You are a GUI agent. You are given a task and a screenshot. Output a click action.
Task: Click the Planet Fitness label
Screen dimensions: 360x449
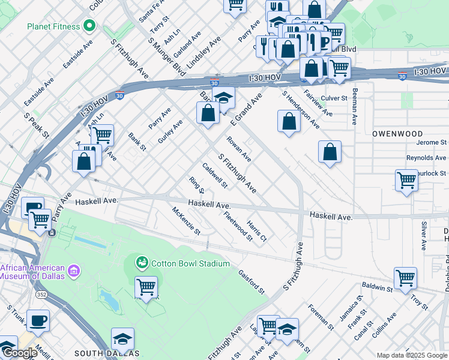[x=53, y=26]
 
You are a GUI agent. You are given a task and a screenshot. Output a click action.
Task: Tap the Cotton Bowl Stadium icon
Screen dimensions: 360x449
[x=142, y=263]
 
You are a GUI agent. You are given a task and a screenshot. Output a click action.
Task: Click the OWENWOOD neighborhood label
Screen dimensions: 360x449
[x=397, y=134]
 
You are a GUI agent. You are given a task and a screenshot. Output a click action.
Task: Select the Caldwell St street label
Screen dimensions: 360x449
[x=214, y=175]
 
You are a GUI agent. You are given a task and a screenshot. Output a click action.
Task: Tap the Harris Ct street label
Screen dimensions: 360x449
[x=256, y=230]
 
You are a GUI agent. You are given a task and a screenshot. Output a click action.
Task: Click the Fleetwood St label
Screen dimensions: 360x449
[x=238, y=225]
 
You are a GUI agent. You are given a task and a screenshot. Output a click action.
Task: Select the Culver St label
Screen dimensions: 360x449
[x=334, y=98]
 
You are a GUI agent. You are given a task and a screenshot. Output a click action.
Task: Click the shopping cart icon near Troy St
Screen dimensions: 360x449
[x=405, y=278]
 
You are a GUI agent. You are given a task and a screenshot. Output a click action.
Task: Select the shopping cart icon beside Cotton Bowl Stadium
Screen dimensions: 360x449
[x=146, y=287]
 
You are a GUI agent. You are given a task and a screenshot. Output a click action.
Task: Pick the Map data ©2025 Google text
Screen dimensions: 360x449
[x=412, y=355]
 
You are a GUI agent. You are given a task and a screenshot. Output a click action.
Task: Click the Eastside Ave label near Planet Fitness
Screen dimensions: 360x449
[x=78, y=53]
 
